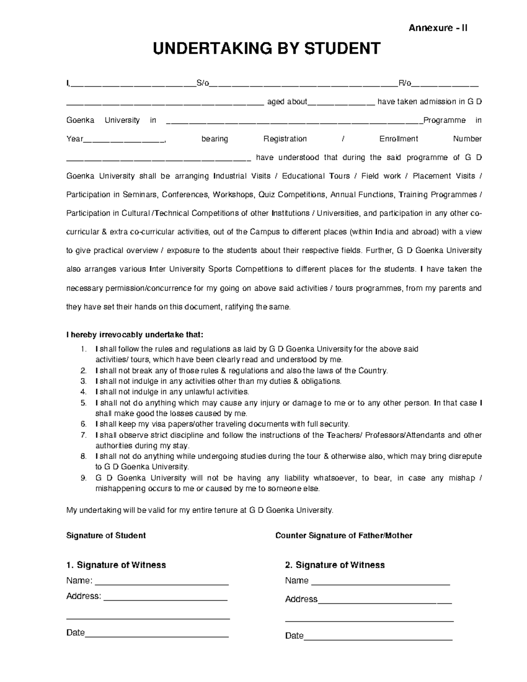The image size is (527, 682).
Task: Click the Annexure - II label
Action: click(x=438, y=28)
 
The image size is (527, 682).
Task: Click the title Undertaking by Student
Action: click(x=266, y=48)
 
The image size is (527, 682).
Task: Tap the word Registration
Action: click(x=285, y=139)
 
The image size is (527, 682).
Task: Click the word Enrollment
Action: click(x=398, y=139)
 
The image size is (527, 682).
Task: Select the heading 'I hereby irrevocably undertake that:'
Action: click(x=135, y=335)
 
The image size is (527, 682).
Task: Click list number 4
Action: click(x=83, y=392)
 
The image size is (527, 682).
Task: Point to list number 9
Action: click(x=83, y=478)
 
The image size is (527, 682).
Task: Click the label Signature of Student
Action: click(x=106, y=535)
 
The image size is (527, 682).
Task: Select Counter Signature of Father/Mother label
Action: click(x=343, y=535)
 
